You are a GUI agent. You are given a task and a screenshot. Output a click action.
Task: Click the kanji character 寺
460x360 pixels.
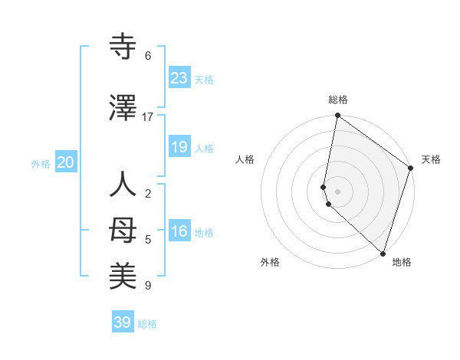(x=123, y=48)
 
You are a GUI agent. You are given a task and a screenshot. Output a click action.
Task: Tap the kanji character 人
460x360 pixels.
(x=123, y=186)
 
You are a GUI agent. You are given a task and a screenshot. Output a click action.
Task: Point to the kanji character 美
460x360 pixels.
(x=123, y=273)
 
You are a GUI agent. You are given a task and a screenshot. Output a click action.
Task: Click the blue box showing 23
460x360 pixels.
(x=179, y=78)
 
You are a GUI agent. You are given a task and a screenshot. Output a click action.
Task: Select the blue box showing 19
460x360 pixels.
(x=179, y=147)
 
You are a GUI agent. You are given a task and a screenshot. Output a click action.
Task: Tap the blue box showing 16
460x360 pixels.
(x=179, y=232)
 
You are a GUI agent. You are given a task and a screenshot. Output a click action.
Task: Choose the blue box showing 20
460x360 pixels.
(x=66, y=162)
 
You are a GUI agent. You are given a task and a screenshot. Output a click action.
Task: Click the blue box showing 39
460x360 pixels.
(x=123, y=322)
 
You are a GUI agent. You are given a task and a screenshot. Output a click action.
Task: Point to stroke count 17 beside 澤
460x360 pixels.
(x=148, y=117)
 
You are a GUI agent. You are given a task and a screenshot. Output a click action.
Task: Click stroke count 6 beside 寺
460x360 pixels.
(x=148, y=56)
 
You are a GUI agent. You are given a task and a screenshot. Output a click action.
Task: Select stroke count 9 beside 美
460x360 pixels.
(x=148, y=286)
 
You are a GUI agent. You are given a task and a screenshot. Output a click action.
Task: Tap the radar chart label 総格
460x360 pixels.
(x=338, y=100)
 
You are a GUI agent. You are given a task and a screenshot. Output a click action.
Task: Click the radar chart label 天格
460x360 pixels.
(x=431, y=159)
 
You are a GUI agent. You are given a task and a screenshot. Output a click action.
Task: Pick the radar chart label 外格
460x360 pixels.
(x=270, y=263)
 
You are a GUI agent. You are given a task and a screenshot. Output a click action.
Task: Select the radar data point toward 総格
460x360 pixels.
(x=338, y=116)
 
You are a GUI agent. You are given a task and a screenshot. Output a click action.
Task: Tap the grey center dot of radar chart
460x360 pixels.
(x=338, y=191)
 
